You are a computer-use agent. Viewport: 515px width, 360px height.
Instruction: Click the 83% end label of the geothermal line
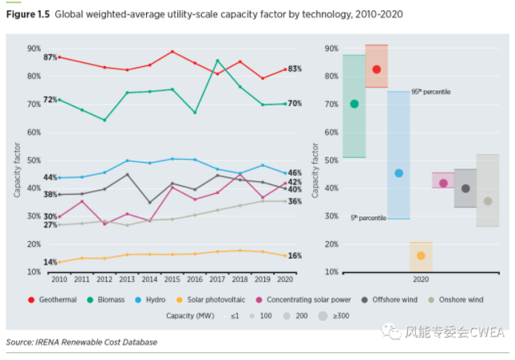(295, 69)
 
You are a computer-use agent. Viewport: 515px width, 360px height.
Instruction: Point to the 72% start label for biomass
(50, 100)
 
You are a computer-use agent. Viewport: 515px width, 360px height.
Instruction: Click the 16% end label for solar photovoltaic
(295, 255)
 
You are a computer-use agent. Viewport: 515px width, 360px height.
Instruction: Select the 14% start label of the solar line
(50, 262)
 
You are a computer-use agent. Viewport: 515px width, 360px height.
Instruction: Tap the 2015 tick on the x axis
(172, 280)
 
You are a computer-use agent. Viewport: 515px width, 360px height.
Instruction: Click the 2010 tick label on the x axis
(59, 280)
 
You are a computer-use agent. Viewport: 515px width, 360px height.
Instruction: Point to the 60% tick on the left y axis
(34, 133)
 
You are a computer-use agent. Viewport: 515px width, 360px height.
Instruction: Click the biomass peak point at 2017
(218, 61)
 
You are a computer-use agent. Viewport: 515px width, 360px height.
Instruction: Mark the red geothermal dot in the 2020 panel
(376, 70)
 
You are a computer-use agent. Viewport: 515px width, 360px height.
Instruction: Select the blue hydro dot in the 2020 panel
(398, 173)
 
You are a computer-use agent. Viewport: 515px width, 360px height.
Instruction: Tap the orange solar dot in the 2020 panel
(421, 255)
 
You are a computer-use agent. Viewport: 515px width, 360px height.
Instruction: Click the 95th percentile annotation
(430, 92)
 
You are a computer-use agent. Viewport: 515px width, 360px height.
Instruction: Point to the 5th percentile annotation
(368, 217)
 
